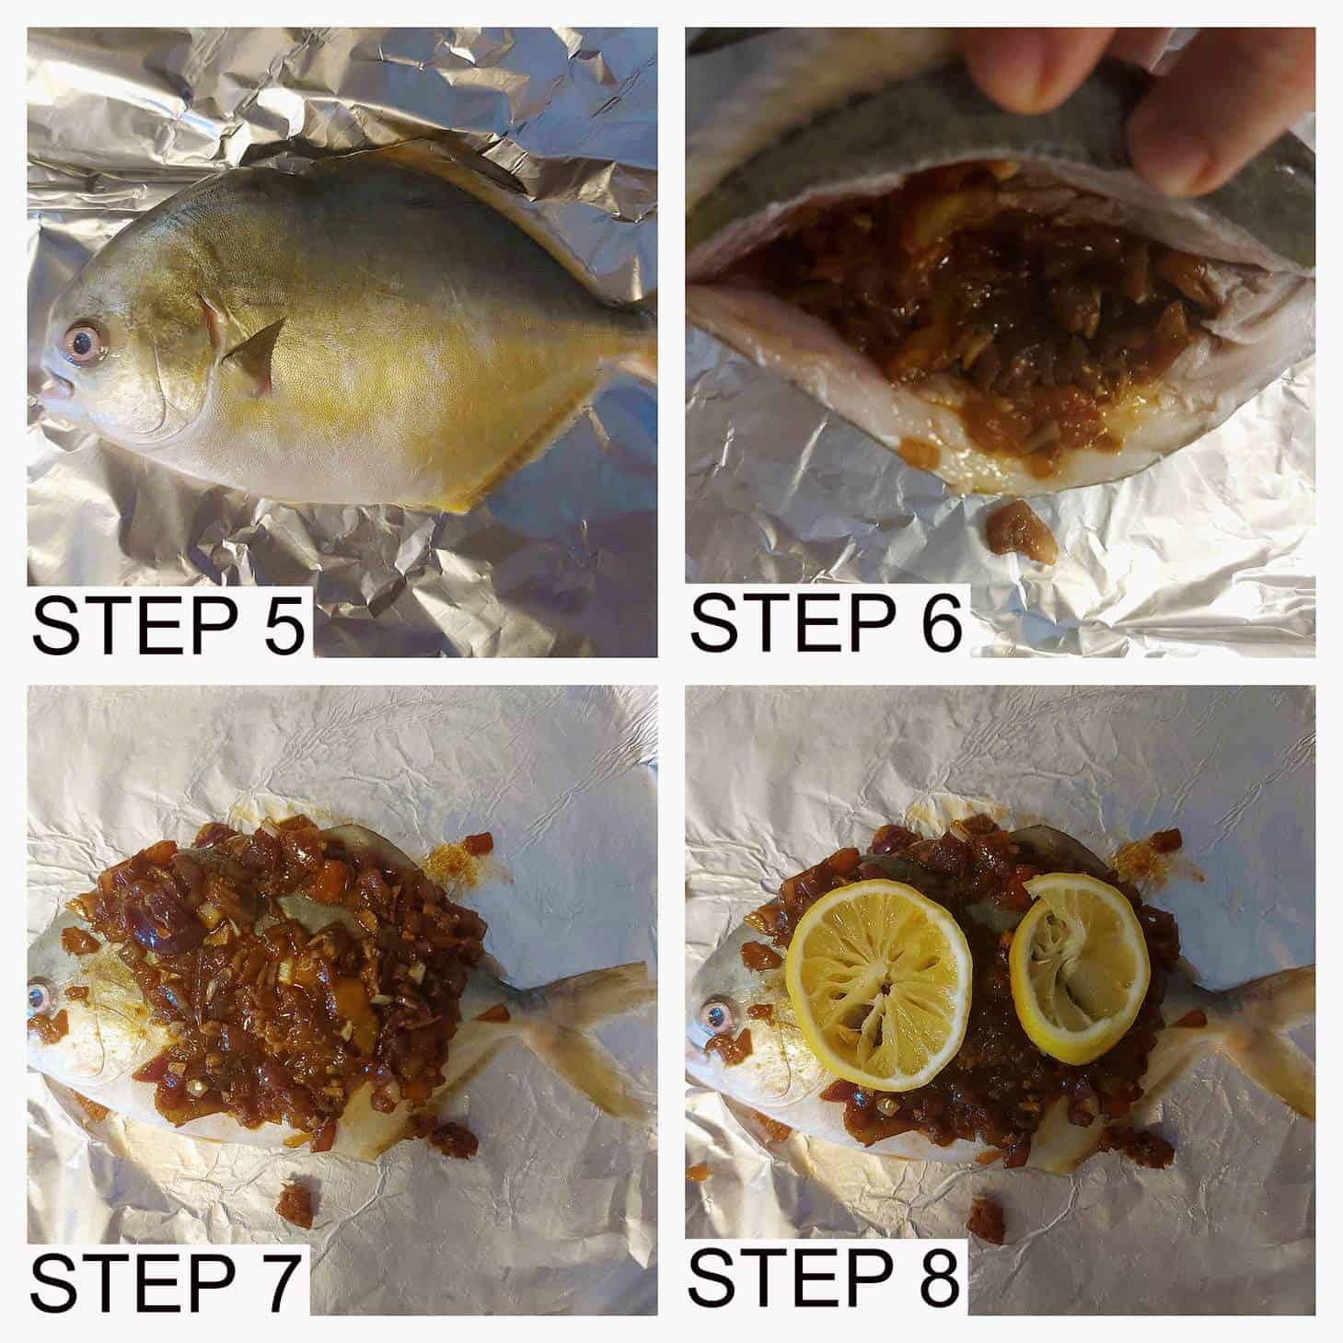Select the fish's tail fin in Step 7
pos(589,1022)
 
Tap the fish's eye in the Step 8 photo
pos(712,1014)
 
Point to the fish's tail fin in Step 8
pos(1261,1022)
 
